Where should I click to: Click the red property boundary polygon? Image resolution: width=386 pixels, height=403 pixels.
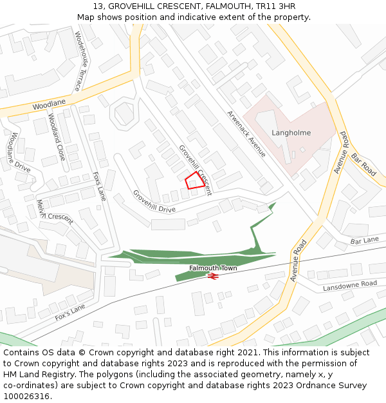point(195,181)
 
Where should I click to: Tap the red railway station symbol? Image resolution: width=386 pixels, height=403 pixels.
point(213,276)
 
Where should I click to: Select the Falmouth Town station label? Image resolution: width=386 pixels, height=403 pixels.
point(213,268)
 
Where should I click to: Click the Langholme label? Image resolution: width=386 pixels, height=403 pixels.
point(291,133)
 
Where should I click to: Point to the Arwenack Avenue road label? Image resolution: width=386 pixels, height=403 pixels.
point(246,133)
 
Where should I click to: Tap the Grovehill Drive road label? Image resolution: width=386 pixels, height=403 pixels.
point(154,201)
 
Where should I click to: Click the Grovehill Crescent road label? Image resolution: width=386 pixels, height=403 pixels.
point(196,166)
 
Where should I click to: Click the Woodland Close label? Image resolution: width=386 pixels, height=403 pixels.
point(57,137)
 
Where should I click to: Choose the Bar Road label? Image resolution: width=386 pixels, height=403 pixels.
point(363,165)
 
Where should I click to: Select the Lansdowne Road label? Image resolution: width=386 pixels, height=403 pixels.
point(349,285)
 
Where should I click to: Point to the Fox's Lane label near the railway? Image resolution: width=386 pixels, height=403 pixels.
point(70,313)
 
